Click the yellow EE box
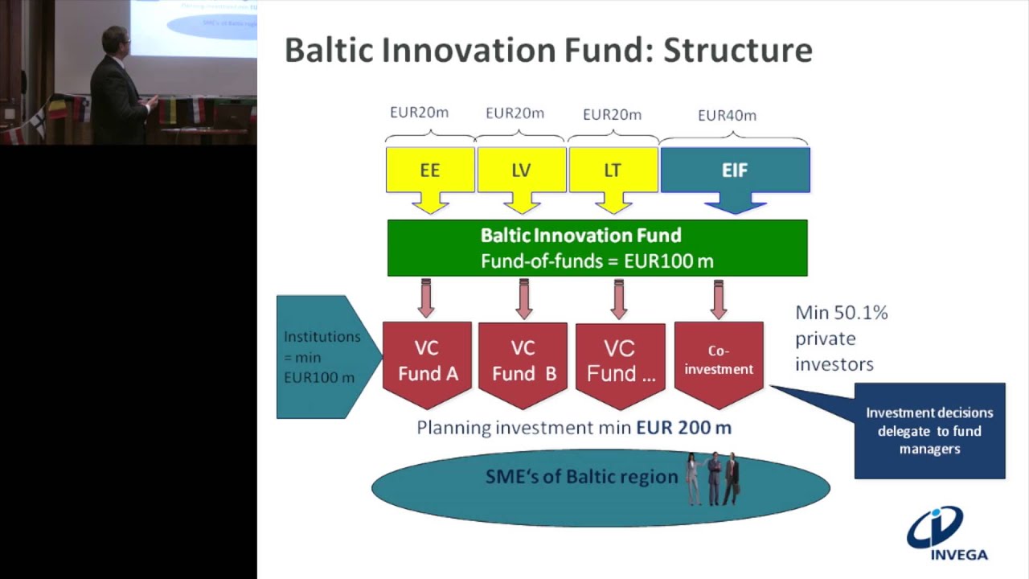click(x=430, y=170)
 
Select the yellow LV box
click(x=522, y=170)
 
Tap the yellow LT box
click(x=613, y=170)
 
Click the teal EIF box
click(x=735, y=170)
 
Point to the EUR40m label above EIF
click(x=727, y=115)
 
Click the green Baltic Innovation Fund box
click(x=597, y=248)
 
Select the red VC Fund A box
click(x=427, y=363)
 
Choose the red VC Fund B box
click(x=523, y=363)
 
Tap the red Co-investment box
click(x=719, y=363)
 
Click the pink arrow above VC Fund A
click(x=426, y=298)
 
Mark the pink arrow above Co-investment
click(x=719, y=298)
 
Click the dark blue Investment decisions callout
click(x=929, y=431)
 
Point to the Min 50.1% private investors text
click(x=840, y=338)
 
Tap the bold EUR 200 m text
click(x=683, y=428)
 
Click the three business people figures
click(x=712, y=479)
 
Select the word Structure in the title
click(x=737, y=50)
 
